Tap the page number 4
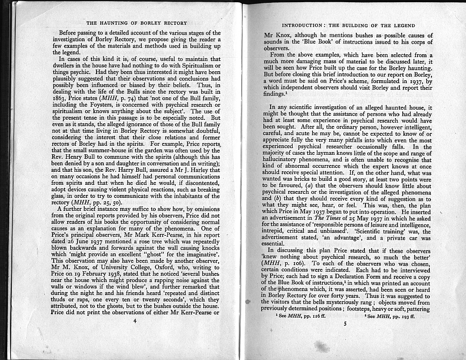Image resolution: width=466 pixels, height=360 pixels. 135,336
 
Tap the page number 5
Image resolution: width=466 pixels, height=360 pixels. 345,340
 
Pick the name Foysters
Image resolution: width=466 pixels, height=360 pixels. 107,120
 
